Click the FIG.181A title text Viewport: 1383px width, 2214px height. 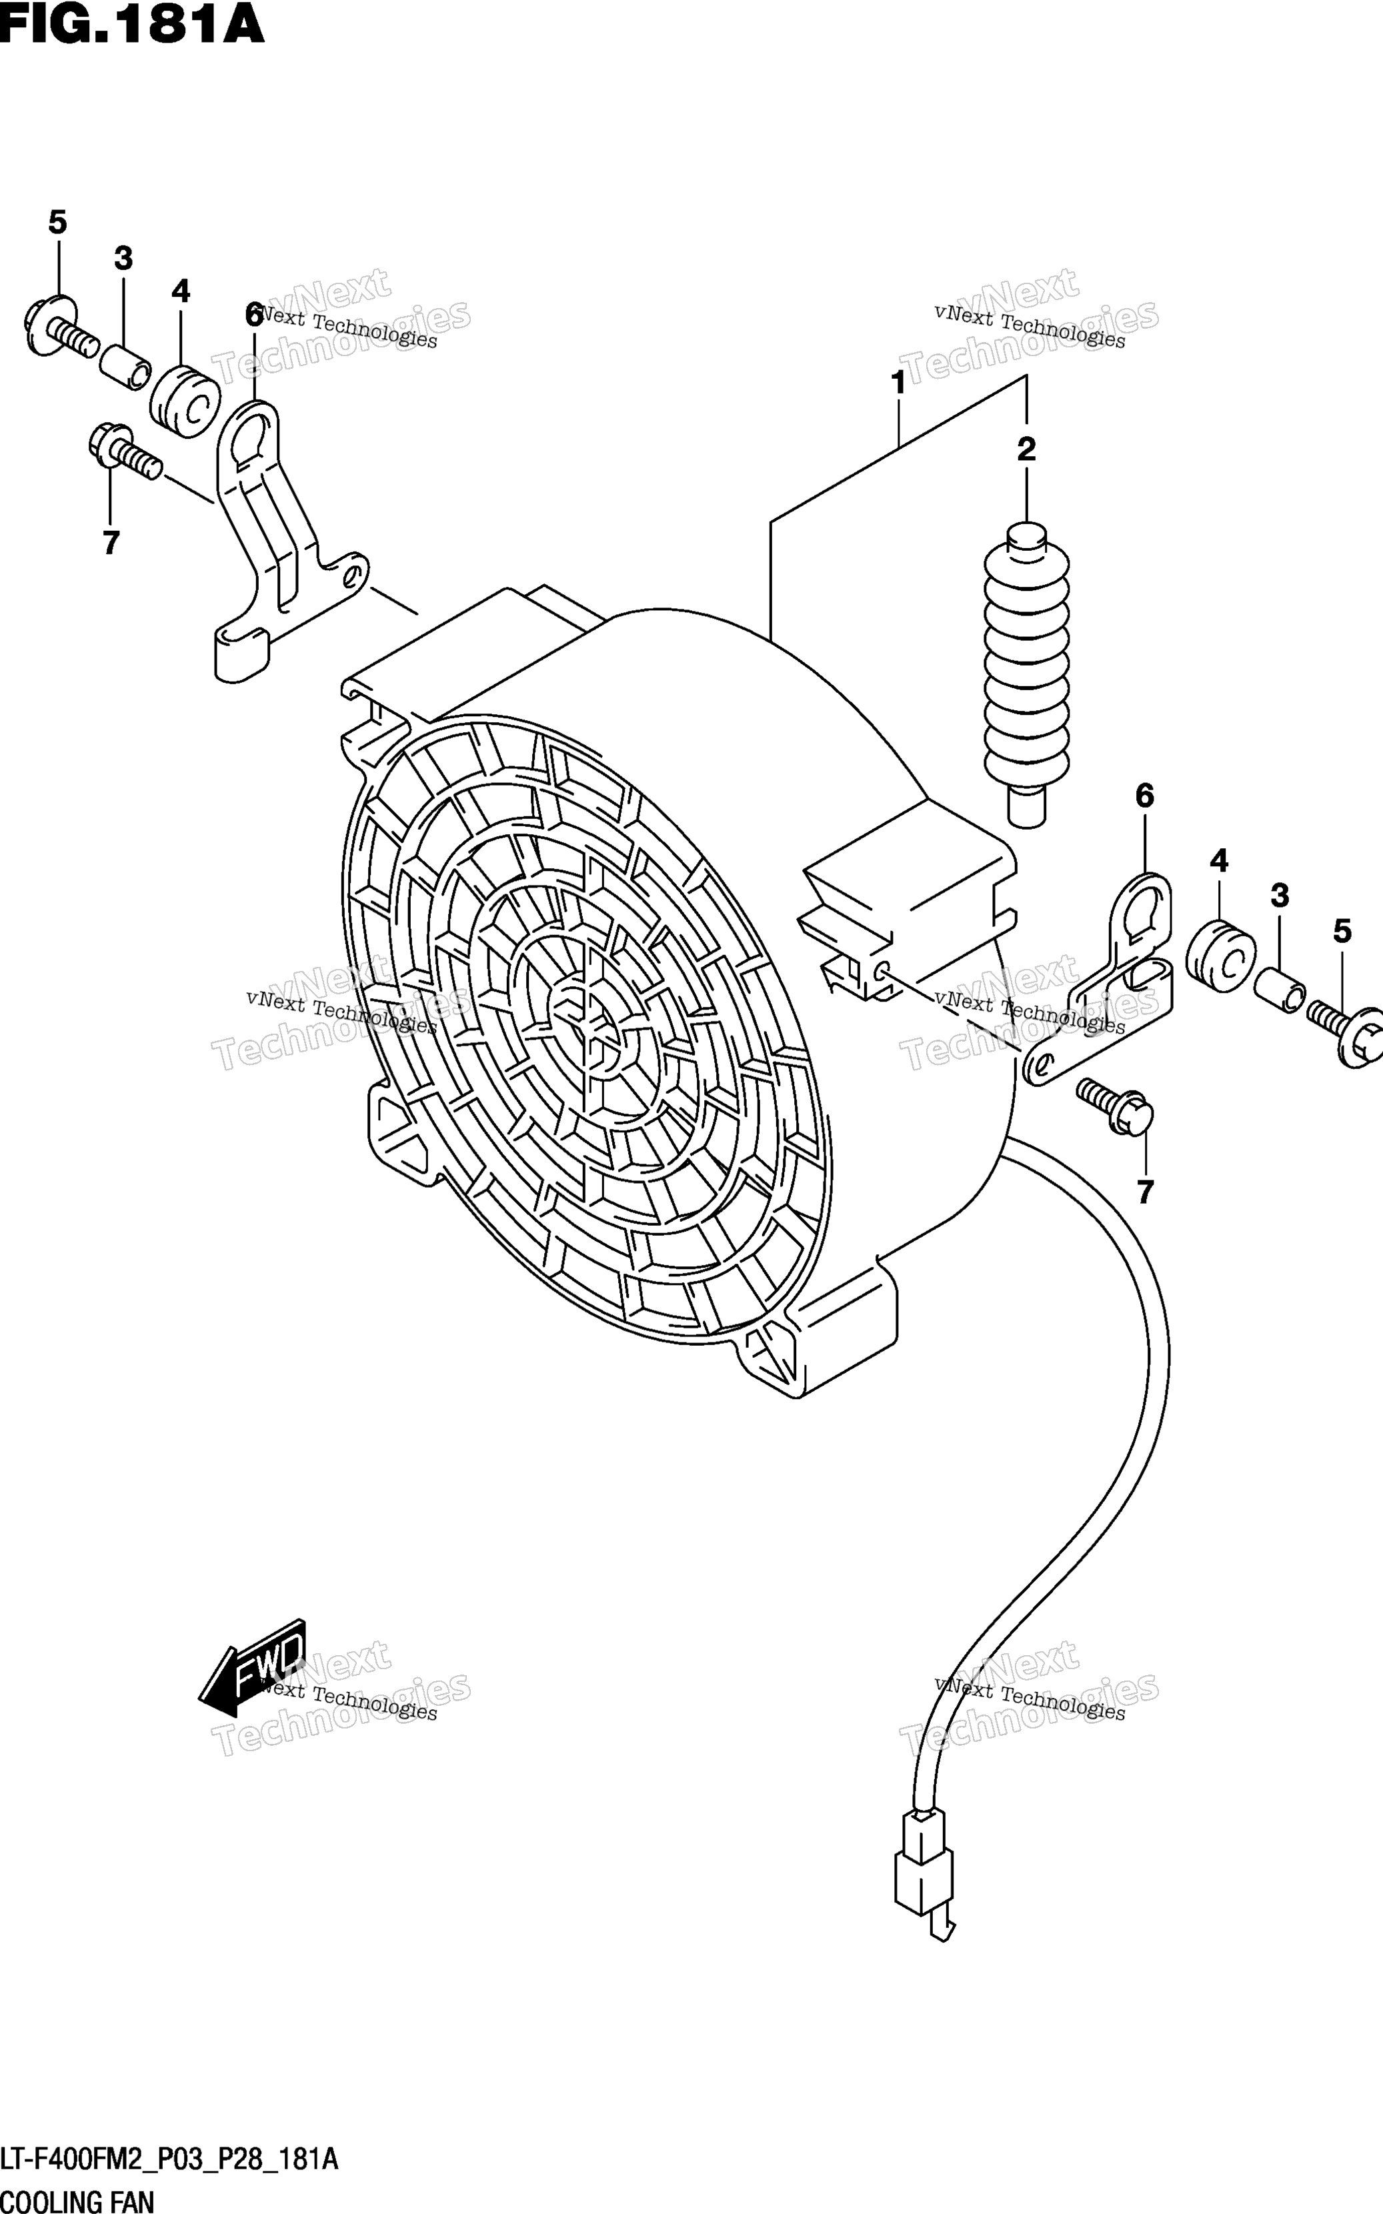(132, 25)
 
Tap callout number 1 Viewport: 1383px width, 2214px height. (898, 382)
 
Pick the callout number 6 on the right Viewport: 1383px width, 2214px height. (1144, 796)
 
